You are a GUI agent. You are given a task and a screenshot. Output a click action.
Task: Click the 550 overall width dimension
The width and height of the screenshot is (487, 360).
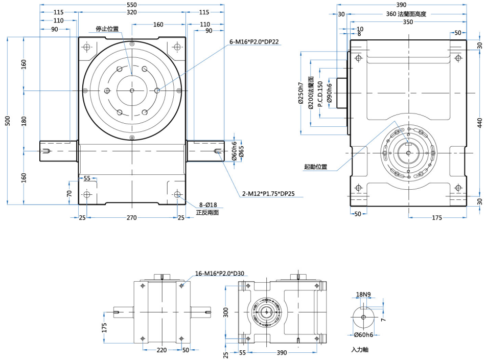132,5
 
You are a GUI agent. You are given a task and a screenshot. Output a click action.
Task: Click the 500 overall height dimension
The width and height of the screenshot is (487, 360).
8,121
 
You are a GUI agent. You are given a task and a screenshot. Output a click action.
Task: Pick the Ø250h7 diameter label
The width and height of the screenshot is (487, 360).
301,95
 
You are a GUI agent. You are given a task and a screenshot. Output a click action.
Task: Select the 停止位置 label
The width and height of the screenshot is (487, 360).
107,29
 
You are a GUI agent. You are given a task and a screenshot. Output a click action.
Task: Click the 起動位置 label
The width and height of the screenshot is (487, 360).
315,167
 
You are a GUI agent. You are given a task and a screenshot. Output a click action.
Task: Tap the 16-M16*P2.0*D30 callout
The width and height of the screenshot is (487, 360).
220,274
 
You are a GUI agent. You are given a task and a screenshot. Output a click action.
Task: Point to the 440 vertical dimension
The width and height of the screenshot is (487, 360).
480,123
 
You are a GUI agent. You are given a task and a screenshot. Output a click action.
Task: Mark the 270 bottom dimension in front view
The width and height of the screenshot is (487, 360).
132,218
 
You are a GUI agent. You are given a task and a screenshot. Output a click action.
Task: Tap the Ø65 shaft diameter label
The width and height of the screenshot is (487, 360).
241,152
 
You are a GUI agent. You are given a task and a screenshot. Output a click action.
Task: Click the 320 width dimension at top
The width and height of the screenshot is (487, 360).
132,12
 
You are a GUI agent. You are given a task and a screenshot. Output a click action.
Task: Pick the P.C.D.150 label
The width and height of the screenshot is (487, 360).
320,95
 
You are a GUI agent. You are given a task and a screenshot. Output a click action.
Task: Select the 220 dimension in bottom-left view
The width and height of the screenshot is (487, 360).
161,350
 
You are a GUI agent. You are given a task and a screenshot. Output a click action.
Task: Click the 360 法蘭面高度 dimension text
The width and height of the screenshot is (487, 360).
406,14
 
